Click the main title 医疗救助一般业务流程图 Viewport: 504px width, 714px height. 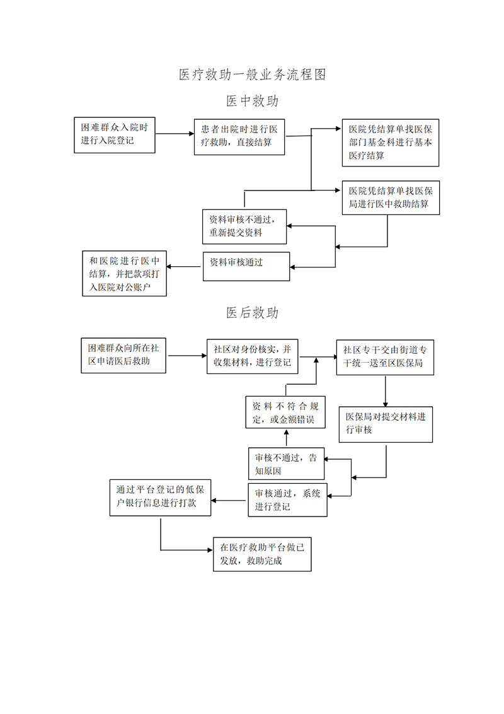(252, 75)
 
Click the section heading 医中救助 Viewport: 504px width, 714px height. (252, 101)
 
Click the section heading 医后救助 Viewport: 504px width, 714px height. (252, 313)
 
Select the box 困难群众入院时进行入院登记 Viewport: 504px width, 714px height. (114, 134)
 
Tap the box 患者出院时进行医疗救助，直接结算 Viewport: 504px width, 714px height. (239, 136)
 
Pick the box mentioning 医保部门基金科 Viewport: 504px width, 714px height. (390, 143)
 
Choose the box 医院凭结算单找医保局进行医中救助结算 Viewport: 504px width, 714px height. (390, 197)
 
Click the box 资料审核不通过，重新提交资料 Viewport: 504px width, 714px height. (244, 226)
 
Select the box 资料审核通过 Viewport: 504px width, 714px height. (246, 266)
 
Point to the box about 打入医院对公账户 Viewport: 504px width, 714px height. (125, 274)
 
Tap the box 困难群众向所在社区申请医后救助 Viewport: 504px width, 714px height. (123, 355)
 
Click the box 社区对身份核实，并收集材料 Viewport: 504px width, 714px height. (252, 356)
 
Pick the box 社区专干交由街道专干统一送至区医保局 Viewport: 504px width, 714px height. (385, 356)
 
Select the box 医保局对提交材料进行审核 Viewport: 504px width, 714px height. (386, 423)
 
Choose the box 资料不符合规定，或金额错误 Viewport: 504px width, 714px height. (285, 413)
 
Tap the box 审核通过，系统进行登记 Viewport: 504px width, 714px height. (287, 500)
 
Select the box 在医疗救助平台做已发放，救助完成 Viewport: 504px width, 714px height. (262, 554)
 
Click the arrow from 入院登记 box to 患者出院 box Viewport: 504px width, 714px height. (174, 134)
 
